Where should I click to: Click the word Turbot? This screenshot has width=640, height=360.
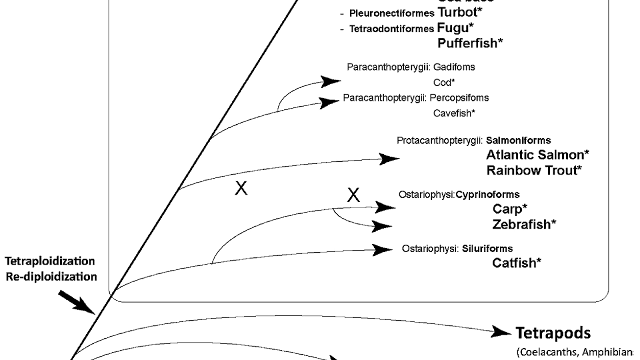tap(457, 12)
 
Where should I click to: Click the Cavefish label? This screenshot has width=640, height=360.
tap(453, 113)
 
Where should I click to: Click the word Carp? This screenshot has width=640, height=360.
tap(507, 208)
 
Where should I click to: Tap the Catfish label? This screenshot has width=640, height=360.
tap(514, 263)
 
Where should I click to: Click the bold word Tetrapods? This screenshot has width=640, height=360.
tap(553, 333)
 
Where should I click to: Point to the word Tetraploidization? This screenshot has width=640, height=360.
tap(50, 261)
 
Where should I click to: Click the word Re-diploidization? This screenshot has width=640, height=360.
tap(51, 276)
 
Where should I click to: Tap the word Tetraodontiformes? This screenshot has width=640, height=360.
tap(391, 29)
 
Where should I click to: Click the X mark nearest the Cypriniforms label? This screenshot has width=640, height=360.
tap(353, 195)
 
